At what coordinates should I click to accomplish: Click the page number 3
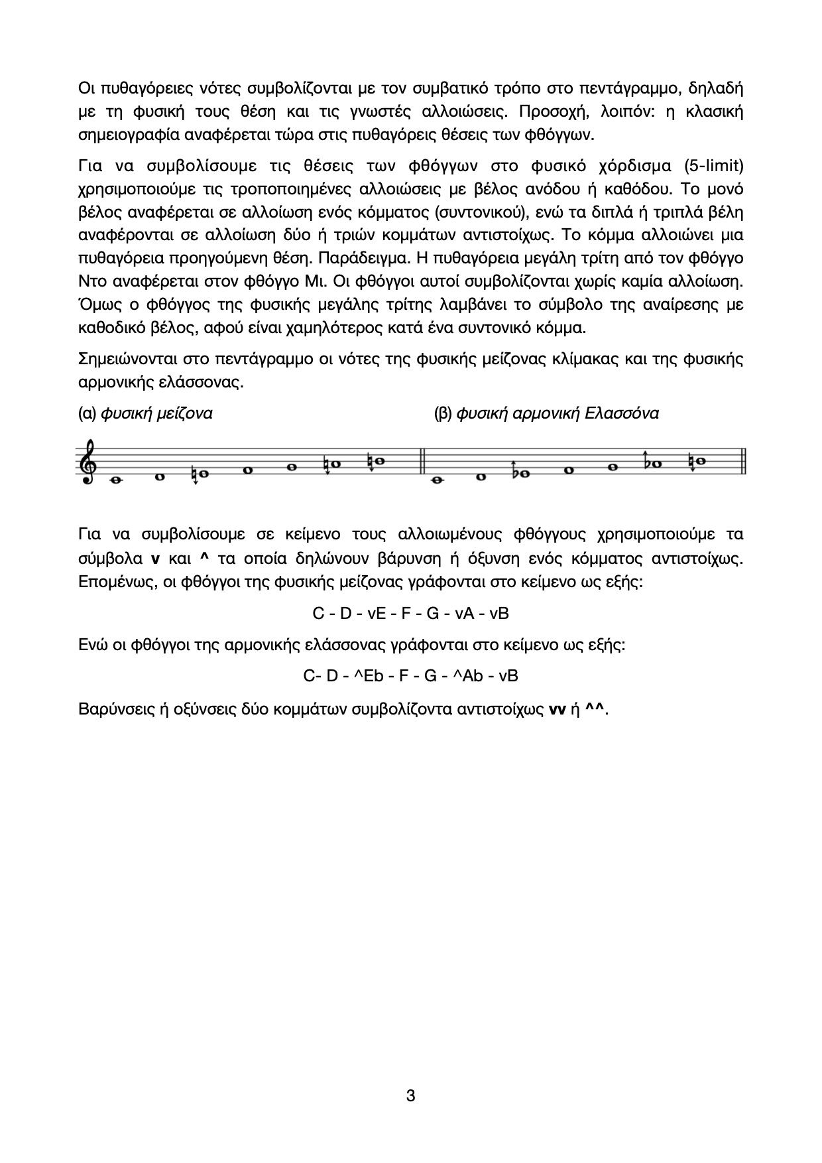(x=410, y=1095)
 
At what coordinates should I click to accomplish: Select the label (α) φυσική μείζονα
(x=145, y=413)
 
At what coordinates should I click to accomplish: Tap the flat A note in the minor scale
(x=656, y=464)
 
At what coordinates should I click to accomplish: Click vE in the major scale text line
(x=375, y=614)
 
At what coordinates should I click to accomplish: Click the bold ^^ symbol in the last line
(x=596, y=709)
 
